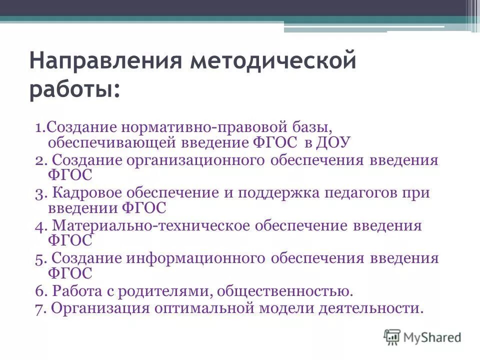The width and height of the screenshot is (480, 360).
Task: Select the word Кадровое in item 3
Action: (90, 193)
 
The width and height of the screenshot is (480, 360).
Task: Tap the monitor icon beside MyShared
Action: (392, 337)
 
